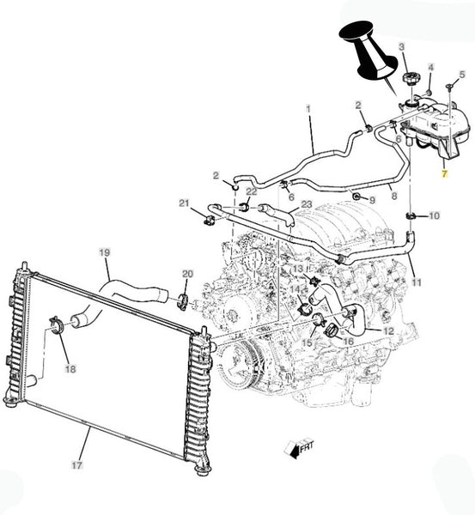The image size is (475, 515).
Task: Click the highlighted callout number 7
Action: [x=444, y=173]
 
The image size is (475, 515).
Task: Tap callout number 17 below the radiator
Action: [x=76, y=464]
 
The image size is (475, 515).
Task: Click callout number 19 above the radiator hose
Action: [x=105, y=253]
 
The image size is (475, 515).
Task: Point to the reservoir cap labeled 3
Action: [x=411, y=79]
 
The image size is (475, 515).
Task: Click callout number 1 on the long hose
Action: [x=308, y=109]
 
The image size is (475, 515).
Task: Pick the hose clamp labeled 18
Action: [x=58, y=325]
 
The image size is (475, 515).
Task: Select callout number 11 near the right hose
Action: [x=417, y=282]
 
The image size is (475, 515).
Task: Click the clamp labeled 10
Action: [x=411, y=216]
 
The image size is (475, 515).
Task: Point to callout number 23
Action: [x=307, y=204]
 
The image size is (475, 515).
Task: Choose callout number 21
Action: [x=184, y=203]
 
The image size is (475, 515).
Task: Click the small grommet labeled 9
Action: [x=356, y=197]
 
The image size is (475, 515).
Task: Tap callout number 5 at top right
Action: [x=462, y=75]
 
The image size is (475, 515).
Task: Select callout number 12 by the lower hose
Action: [x=388, y=331]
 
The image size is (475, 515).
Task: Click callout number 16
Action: [x=348, y=342]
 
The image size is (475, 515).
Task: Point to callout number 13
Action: [x=298, y=269]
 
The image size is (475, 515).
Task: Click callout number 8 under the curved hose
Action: [x=394, y=196]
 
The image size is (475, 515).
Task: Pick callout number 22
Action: [x=252, y=191]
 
